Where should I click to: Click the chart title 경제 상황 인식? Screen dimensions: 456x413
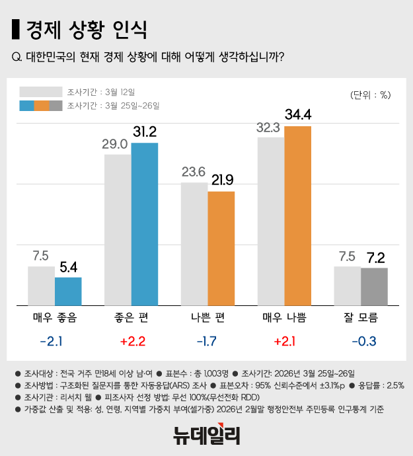86,30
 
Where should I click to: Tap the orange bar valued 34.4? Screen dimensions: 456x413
297,215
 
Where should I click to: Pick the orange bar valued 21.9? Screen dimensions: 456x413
221,248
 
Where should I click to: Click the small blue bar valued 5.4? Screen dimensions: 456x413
68,291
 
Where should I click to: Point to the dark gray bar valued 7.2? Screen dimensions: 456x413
374,286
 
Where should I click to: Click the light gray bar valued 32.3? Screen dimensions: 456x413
271,221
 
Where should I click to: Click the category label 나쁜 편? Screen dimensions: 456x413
207,318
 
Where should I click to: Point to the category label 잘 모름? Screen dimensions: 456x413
361,318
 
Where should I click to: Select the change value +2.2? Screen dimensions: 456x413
131,342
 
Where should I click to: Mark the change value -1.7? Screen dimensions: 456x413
207,342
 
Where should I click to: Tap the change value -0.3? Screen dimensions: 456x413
361,342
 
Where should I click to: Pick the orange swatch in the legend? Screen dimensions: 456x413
41,106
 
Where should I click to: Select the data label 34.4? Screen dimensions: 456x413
297,114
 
